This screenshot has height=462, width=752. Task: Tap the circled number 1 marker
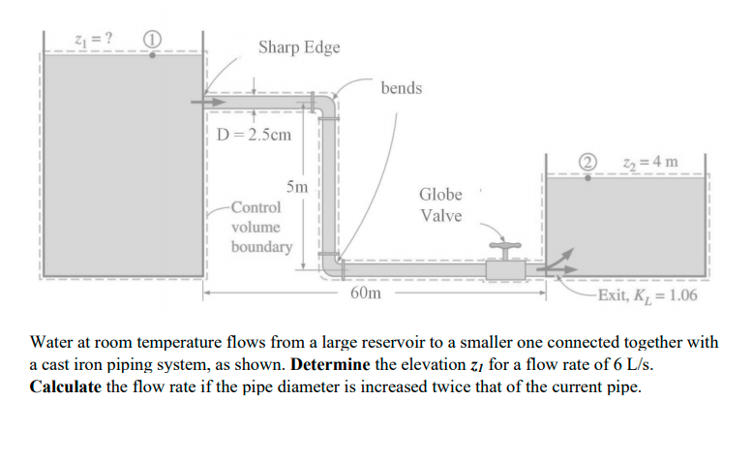click(x=152, y=40)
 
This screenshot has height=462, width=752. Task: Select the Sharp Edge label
click(x=299, y=47)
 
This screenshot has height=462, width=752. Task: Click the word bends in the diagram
click(x=401, y=88)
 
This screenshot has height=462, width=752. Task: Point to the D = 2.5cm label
click(x=254, y=135)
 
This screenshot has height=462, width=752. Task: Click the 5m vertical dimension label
click(x=297, y=186)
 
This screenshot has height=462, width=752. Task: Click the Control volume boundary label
click(x=260, y=227)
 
